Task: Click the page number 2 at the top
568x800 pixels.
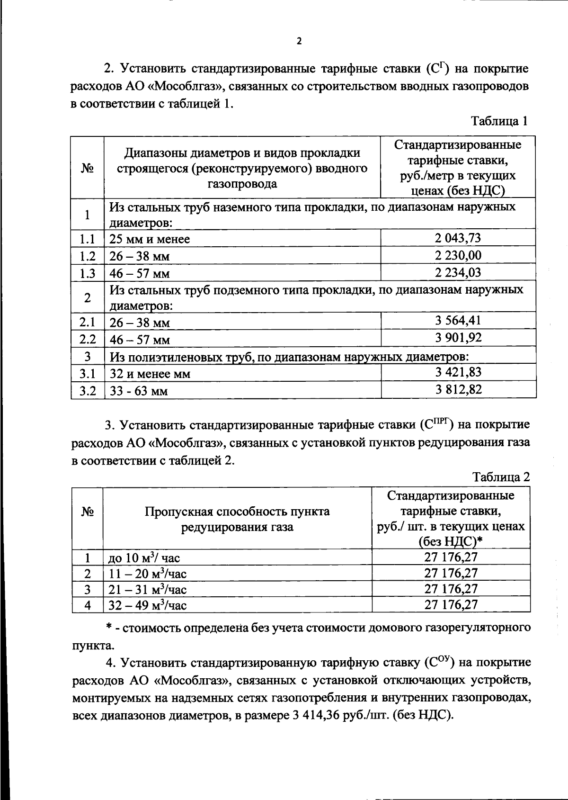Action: click(x=298, y=41)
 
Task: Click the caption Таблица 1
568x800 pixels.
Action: click(x=499, y=121)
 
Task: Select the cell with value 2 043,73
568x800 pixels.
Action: click(x=458, y=238)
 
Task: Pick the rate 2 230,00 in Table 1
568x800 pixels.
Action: click(x=458, y=256)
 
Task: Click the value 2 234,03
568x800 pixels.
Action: click(x=458, y=273)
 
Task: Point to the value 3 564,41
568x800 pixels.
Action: click(x=458, y=321)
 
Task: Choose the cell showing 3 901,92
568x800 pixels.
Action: click(x=458, y=338)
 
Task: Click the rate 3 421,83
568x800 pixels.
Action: click(x=458, y=372)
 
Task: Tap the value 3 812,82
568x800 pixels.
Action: click(x=458, y=389)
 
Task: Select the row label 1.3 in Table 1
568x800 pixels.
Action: click(x=88, y=273)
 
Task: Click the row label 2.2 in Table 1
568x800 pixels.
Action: click(x=88, y=339)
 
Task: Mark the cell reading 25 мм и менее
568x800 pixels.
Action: click(x=150, y=239)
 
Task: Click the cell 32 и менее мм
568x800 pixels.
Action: click(x=150, y=374)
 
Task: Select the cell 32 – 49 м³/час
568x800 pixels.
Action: click(x=148, y=605)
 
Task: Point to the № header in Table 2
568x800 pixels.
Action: click(x=87, y=512)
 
